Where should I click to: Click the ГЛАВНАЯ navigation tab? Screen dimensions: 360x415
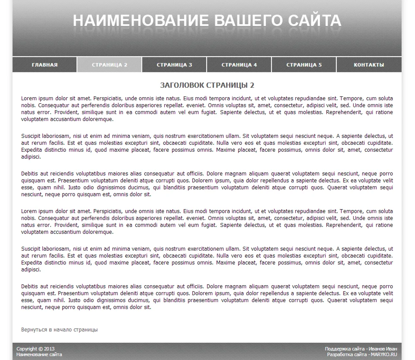pos(45,65)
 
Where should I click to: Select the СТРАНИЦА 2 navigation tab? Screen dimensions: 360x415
pos(109,65)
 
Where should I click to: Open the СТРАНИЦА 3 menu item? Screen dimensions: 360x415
pos(174,65)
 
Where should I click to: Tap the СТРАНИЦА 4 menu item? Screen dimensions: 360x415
pos(239,65)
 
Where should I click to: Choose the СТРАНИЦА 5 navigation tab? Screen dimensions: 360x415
pos(304,65)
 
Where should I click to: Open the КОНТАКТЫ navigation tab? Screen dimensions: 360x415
pos(369,65)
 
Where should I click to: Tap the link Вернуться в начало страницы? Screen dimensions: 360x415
pos(59,330)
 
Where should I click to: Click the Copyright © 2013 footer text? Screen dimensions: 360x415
pos(35,349)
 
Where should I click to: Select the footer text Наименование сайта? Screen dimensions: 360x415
pos(39,354)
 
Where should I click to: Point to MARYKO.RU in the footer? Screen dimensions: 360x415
pos(383,354)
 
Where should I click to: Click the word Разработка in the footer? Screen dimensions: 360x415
pos(340,354)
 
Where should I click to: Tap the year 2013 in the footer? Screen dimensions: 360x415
pos(49,349)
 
